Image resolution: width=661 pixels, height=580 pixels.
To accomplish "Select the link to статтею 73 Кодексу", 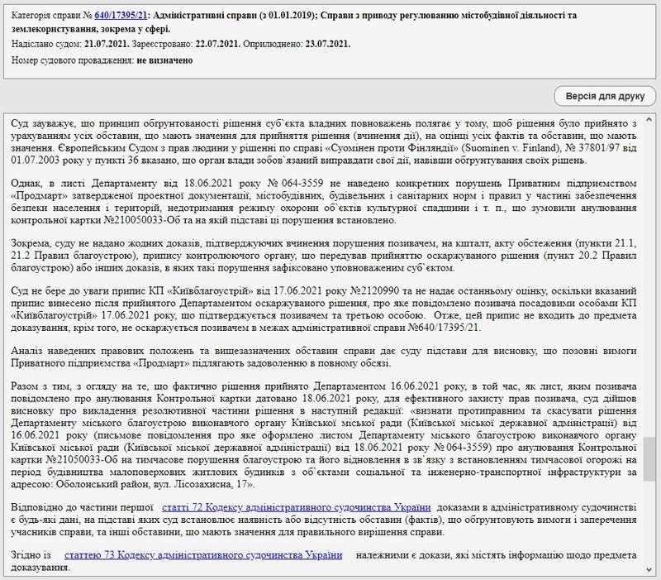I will click(203, 554).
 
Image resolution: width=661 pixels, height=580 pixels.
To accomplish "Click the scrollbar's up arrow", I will click(651, 116).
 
